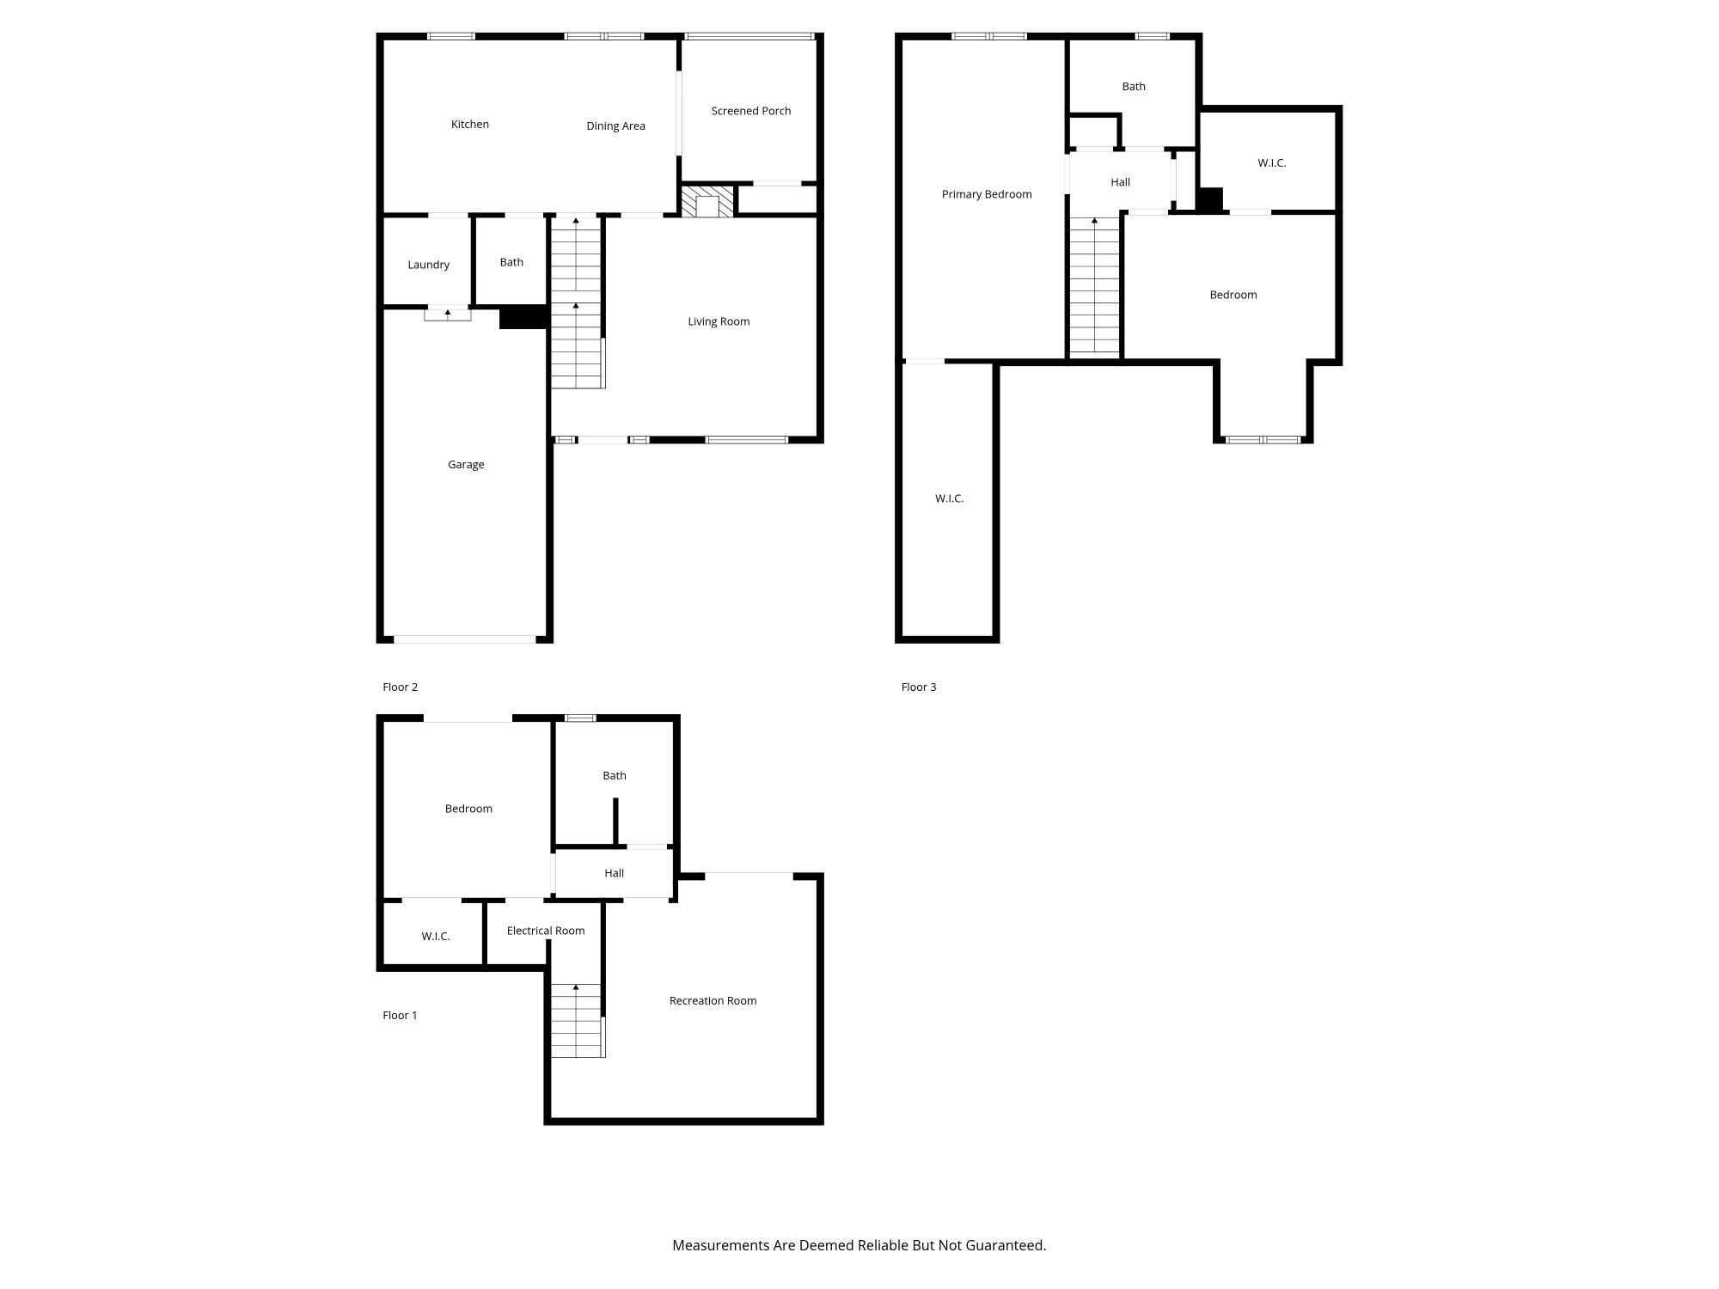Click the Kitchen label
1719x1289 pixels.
469,125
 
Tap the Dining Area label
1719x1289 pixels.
615,126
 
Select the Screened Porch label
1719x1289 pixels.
750,111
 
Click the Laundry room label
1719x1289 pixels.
428,265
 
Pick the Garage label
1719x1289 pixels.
466,465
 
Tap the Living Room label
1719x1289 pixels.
719,321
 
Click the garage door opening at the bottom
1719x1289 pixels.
464,639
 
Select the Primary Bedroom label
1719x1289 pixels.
986,194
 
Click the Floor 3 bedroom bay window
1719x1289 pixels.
1263,440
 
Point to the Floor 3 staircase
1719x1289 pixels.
1094,288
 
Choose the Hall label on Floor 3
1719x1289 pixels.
1120,182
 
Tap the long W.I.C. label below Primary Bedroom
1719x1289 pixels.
949,498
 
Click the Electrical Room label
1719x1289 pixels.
545,931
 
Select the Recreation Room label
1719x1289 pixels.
713,1001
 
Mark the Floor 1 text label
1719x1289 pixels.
400,1016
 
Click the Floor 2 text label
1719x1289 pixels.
400,687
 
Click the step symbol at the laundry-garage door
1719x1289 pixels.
447,315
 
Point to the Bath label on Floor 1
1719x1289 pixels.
614,776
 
